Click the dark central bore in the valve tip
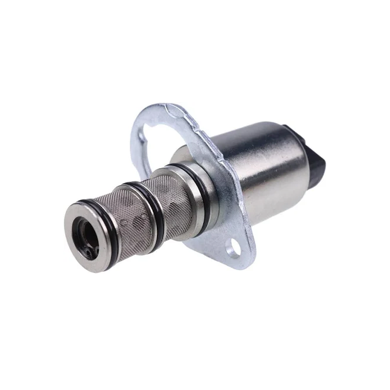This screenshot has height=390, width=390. tap(83, 234)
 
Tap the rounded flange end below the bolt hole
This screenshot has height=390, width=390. tap(241, 261)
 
